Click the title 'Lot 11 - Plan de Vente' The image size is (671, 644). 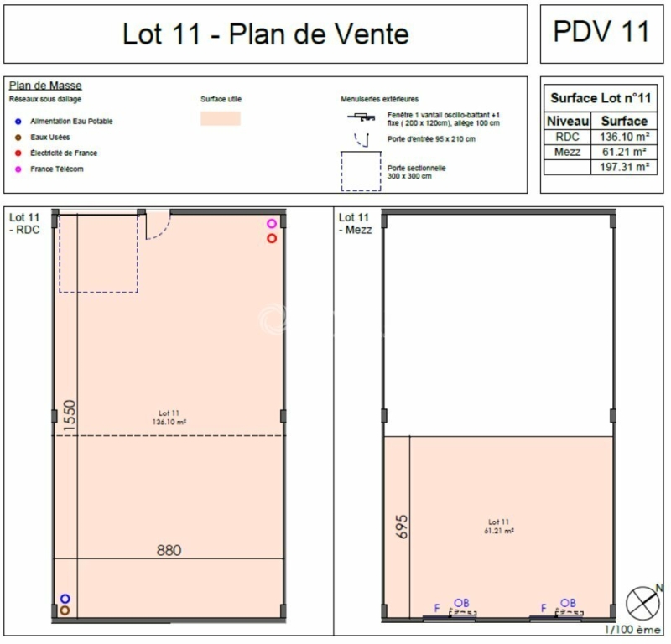[266, 34]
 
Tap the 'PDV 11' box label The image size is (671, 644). [601, 32]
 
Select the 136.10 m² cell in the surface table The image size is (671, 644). [623, 136]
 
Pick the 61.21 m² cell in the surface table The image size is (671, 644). [623, 152]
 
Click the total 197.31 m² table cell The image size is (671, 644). [623, 167]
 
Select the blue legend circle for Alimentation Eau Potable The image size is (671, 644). [18, 122]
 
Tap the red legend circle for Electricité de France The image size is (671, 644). [18, 153]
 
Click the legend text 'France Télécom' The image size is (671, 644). [56, 169]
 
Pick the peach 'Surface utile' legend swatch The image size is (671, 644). [221, 119]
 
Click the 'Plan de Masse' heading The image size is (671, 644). [45, 86]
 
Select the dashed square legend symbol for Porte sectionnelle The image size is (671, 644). [362, 171]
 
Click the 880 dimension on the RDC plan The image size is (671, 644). [169, 551]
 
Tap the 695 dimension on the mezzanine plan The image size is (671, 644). [401, 526]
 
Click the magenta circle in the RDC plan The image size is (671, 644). [272, 224]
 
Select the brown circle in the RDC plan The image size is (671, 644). [65, 611]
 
